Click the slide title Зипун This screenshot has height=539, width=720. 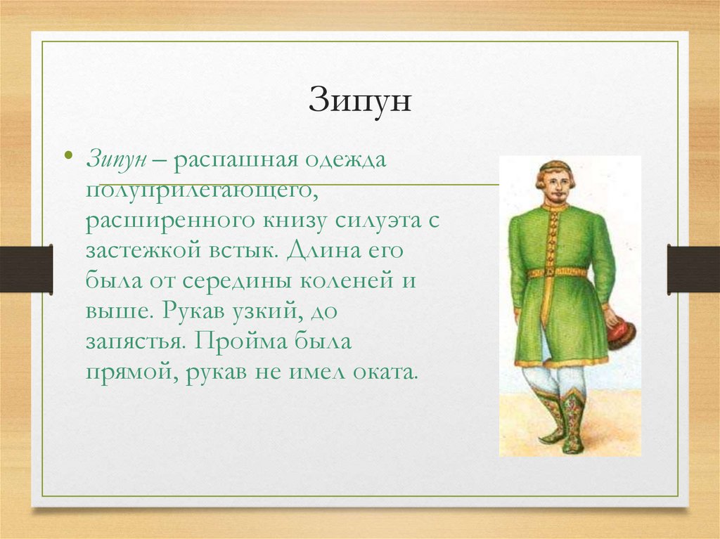pyautogui.click(x=359, y=103)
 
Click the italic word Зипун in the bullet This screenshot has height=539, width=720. pyautogui.click(x=116, y=160)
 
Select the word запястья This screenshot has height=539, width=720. pyautogui.click(x=134, y=342)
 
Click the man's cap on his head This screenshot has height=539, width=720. pyautogui.click(x=554, y=167)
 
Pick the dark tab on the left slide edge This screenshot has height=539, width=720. pyautogui.click(x=26, y=269)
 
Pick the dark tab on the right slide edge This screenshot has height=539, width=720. pyautogui.click(x=693, y=269)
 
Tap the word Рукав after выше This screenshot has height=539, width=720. pyautogui.click(x=183, y=311)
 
